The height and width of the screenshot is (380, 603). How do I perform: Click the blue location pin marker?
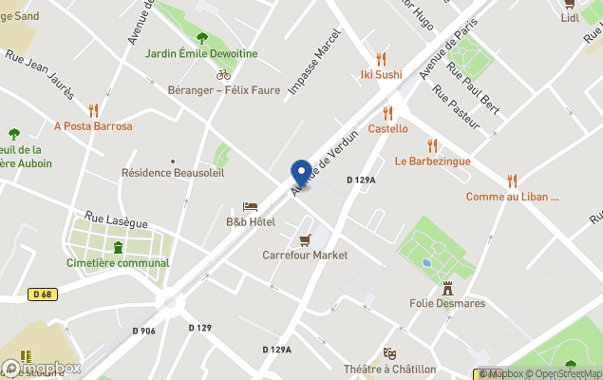click(x=302, y=173)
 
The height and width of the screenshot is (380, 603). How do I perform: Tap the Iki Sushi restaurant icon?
click(x=381, y=58)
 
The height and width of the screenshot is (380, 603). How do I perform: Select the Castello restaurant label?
click(x=387, y=128)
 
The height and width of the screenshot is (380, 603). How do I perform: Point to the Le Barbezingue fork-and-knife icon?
click(x=433, y=145)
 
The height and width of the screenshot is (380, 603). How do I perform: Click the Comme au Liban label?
click(x=512, y=197)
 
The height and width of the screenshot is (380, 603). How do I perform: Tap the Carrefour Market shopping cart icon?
click(x=305, y=239)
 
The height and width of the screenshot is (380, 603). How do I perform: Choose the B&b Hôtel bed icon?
click(x=250, y=206)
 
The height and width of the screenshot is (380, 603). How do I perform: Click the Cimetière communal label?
click(x=118, y=262)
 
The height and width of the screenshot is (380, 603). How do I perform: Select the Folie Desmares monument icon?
click(x=447, y=287)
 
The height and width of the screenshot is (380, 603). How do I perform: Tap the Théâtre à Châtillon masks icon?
click(x=389, y=353)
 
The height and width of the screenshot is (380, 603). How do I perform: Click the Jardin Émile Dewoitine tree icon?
click(x=201, y=38)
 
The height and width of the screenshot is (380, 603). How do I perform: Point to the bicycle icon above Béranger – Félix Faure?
click(x=223, y=74)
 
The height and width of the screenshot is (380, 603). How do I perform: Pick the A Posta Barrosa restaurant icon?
click(x=93, y=109)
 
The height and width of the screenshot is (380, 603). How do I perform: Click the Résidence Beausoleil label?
click(x=173, y=173)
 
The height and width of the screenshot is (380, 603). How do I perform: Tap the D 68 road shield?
click(x=41, y=294)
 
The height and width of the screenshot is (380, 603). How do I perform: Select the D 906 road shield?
click(x=144, y=330)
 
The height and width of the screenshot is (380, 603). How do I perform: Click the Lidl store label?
click(x=570, y=17)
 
